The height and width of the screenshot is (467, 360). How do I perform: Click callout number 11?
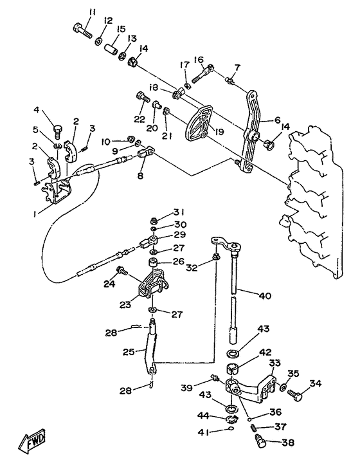pyautogui.click(x=92, y=13)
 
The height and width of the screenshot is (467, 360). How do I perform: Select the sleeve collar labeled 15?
pyautogui.click(x=111, y=49)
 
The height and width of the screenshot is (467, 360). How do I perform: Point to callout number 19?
pyautogui.click(x=221, y=131)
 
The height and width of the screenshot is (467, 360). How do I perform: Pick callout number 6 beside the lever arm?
pyautogui.click(x=277, y=120)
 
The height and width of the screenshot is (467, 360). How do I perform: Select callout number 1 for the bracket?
pyautogui.click(x=35, y=214)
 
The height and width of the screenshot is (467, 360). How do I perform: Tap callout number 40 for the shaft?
pyautogui.click(x=265, y=296)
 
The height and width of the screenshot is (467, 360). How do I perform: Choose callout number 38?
pyautogui.click(x=287, y=443)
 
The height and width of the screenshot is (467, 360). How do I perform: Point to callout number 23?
pyautogui.click(x=126, y=306)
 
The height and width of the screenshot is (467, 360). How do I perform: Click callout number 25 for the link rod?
pyautogui.click(x=129, y=352)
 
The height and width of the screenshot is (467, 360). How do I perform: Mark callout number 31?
pyautogui.click(x=179, y=212)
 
